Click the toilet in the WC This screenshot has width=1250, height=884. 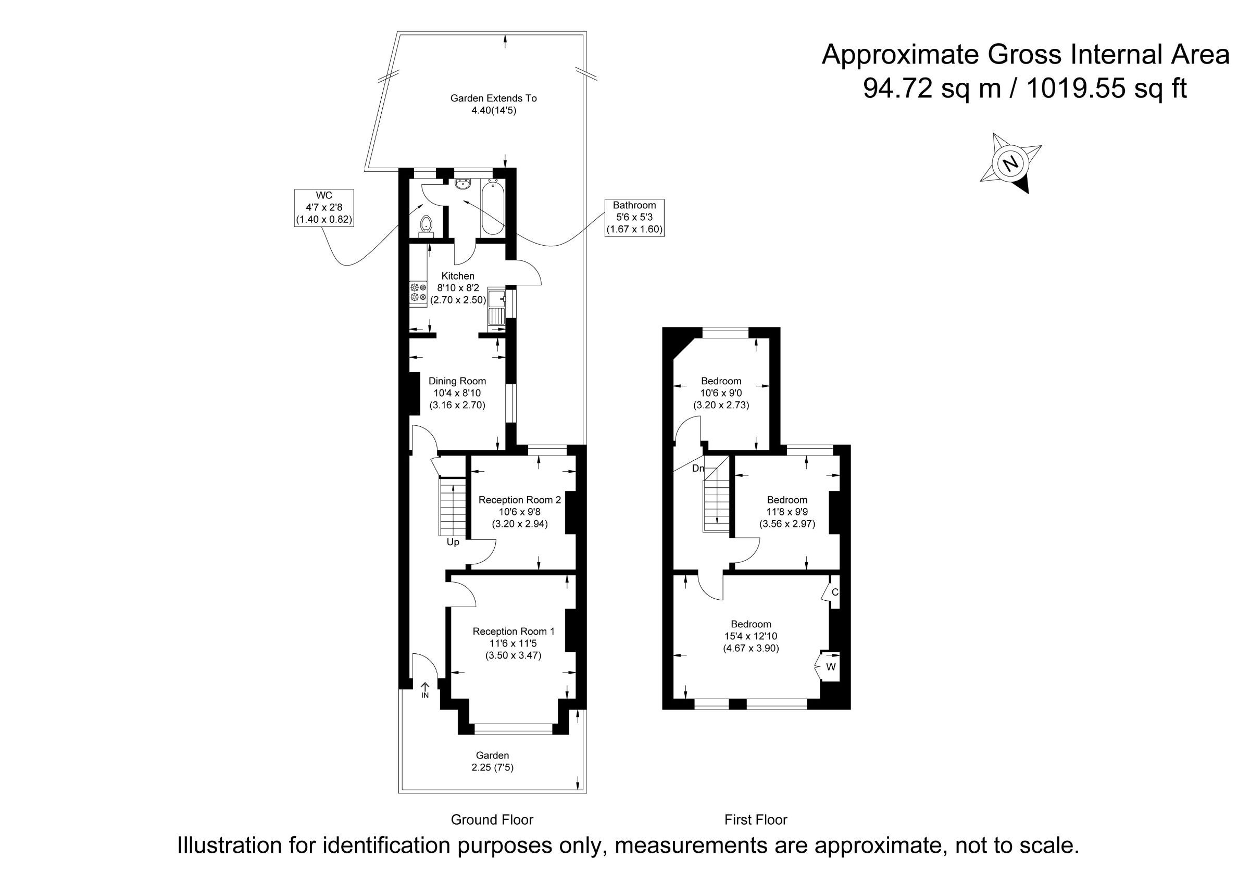tap(426, 225)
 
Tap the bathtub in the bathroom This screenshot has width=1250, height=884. tap(493, 208)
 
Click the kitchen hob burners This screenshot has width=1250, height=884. tap(419, 292)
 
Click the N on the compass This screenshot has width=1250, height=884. tap(1011, 163)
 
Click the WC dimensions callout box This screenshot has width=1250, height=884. tap(324, 208)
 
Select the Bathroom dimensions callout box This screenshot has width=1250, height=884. tap(634, 217)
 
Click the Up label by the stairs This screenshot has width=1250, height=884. tap(453, 542)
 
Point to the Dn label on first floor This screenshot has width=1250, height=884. tap(698, 468)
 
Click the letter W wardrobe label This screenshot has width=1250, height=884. tap(831, 667)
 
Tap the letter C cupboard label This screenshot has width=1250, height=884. tap(835, 592)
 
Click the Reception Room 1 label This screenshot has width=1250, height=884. tap(514, 632)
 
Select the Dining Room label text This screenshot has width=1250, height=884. tap(457, 381)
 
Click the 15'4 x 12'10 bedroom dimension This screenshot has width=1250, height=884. tap(751, 636)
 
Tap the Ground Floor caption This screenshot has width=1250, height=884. tap(492, 819)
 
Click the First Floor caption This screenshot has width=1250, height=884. tap(756, 819)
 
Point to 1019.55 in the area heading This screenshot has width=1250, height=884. tap(1075, 88)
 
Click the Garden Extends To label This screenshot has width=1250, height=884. tap(493, 98)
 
